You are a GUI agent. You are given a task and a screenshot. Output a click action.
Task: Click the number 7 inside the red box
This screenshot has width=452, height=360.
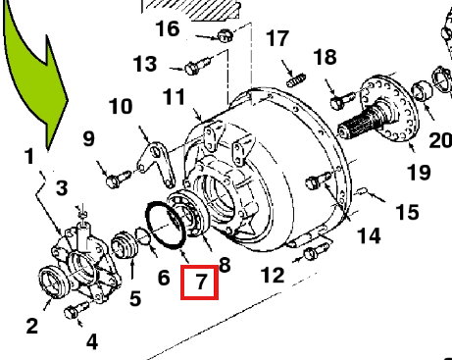click(x=201, y=282)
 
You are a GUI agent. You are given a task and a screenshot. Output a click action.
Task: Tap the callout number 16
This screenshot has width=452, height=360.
click(x=168, y=28)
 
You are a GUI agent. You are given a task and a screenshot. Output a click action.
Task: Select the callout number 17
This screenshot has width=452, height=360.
click(x=277, y=38)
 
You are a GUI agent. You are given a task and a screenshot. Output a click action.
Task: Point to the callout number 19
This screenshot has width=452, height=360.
click(x=419, y=173)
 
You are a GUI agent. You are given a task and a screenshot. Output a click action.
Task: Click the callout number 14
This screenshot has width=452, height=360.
click(x=369, y=236)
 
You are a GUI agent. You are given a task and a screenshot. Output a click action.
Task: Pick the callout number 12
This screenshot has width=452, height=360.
click(x=273, y=275)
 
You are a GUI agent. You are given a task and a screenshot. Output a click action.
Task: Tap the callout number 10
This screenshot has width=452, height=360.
click(x=121, y=106)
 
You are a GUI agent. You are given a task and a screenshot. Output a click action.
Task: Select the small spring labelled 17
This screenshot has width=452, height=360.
click(x=296, y=80)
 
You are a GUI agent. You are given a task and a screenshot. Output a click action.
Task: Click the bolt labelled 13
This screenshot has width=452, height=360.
click(x=198, y=66)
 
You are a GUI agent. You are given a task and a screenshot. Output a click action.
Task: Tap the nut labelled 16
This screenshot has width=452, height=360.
click(x=225, y=35)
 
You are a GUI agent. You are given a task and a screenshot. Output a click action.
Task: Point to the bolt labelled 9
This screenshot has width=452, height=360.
click(x=119, y=179)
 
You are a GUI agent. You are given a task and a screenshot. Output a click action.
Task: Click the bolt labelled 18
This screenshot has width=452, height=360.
click(x=342, y=100)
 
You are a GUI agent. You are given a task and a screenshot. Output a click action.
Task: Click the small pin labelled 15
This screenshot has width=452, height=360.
click(x=363, y=191)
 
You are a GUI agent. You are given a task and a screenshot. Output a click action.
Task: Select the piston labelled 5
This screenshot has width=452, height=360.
click(x=125, y=245)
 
